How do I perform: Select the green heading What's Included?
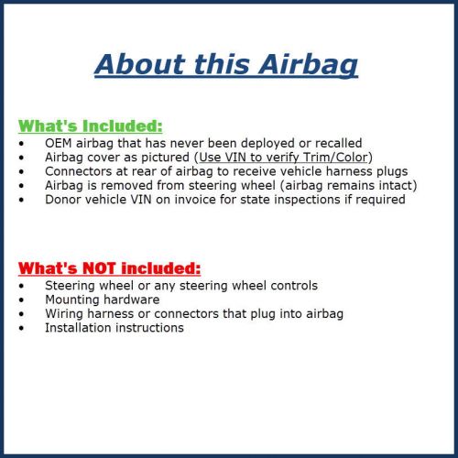(91, 125)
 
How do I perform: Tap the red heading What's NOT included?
(109, 268)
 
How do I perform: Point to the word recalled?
(334, 143)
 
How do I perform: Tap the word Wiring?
(65, 313)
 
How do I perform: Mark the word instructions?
(151, 327)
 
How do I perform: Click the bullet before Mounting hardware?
(23, 300)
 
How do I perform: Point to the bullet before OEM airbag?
(23, 143)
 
